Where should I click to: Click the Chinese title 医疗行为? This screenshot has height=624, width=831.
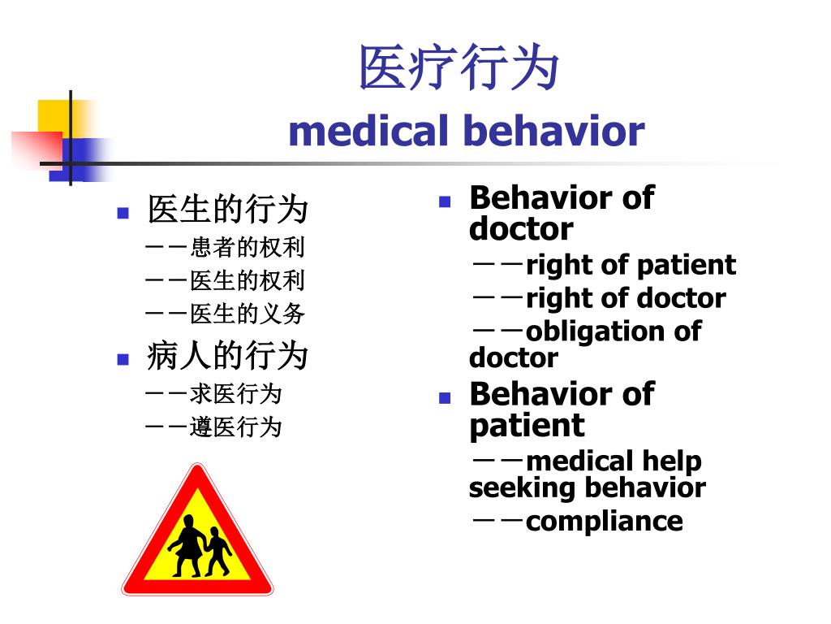click(x=459, y=67)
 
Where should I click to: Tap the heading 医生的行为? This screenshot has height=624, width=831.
click(x=227, y=210)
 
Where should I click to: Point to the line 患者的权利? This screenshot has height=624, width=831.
click(x=247, y=247)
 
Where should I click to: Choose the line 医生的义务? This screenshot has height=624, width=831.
click(x=247, y=314)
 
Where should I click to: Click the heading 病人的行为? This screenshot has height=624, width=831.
click(x=227, y=355)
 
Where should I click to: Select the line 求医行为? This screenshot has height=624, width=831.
click(x=235, y=394)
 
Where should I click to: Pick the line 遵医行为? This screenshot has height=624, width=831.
click(x=235, y=427)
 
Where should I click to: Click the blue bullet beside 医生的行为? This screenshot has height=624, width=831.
click(x=123, y=214)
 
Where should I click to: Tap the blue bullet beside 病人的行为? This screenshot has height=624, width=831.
click(x=123, y=359)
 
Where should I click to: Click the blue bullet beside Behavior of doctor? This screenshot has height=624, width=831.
click(x=444, y=201)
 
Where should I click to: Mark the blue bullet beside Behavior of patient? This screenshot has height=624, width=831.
click(x=444, y=398)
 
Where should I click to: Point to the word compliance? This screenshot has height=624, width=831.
click(x=604, y=521)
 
